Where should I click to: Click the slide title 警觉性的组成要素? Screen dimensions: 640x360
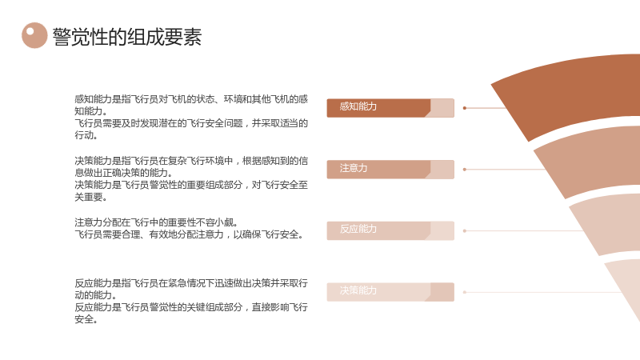pyautogui.click(x=127, y=37)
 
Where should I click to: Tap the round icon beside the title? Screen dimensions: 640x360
pyautogui.click(x=34, y=35)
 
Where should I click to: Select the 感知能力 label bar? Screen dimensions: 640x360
pyautogui.click(x=390, y=108)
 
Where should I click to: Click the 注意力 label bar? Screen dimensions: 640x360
pyautogui.click(x=390, y=170)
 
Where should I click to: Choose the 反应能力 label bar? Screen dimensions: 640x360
pyautogui.click(x=390, y=230)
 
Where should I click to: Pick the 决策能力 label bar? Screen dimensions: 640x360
pyautogui.click(x=390, y=292)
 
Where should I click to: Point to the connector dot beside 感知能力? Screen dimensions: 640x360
pyautogui.click(x=465, y=108)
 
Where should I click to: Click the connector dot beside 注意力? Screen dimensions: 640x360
pyautogui.click(x=465, y=170)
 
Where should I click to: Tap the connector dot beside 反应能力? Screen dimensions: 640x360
pyautogui.click(x=465, y=231)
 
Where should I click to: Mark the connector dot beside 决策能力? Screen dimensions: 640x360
pyautogui.click(x=465, y=292)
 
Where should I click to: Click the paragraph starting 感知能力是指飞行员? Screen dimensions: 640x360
pyautogui.click(x=191, y=117)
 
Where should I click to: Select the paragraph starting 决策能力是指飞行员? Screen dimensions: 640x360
pyautogui.click(x=191, y=178)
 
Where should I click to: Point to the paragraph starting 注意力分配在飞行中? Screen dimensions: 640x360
pyautogui.click(x=189, y=228)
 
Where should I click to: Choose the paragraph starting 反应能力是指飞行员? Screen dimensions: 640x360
pyautogui.click(x=191, y=301)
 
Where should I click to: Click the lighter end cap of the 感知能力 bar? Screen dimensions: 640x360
pyautogui.click(x=442, y=108)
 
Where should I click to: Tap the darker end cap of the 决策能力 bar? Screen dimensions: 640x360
pyautogui.click(x=442, y=292)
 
